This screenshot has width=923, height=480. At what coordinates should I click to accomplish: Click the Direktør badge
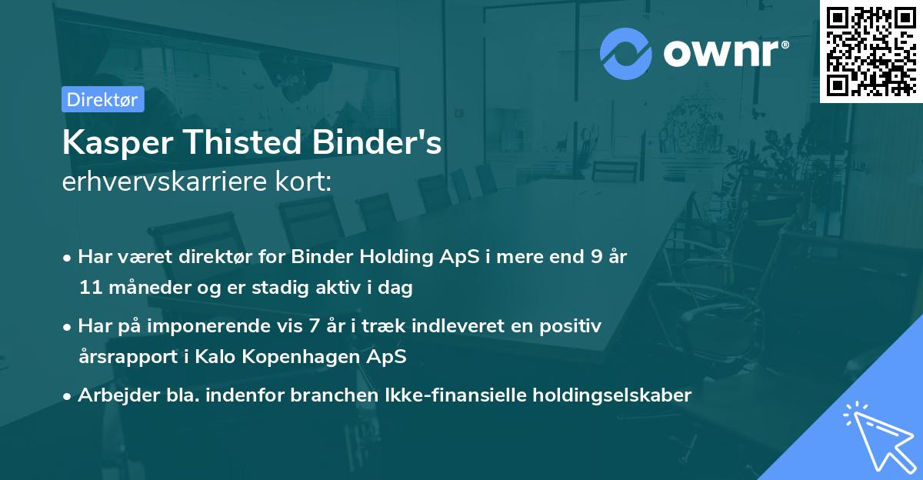102,99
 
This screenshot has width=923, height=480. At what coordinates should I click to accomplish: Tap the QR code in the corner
871,51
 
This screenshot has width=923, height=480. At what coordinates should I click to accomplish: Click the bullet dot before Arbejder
68,396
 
